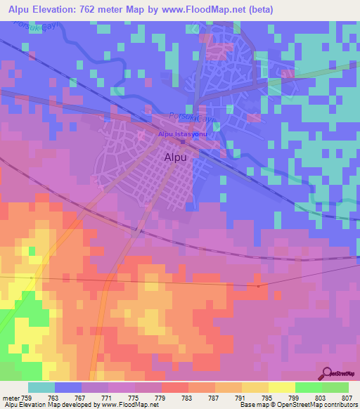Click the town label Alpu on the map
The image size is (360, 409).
click(175, 158)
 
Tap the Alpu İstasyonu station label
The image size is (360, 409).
click(181, 134)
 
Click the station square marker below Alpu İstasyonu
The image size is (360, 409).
click(182, 141)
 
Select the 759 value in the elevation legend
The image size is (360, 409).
click(27, 397)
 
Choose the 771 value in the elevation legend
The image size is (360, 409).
click(108, 397)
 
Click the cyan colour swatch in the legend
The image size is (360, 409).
click(41, 387)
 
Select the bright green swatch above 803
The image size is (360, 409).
click(309, 387)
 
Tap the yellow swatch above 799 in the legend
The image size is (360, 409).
click(282, 387)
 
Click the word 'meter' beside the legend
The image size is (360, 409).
click(10, 397)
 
